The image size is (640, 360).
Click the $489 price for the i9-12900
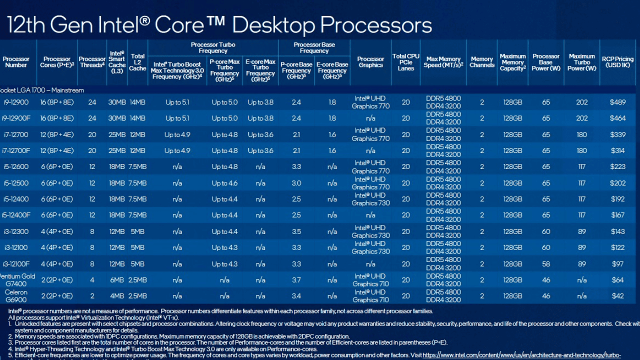click(x=617, y=102)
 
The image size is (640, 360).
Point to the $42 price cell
click(x=617, y=296)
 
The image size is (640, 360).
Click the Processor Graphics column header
click(x=370, y=62)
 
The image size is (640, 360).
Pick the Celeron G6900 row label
click(x=16, y=296)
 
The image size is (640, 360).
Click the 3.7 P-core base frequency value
click(x=296, y=280)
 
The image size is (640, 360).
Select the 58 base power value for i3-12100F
click(x=545, y=264)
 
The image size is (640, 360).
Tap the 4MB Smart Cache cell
click(x=116, y=296)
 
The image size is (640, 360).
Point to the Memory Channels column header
click(x=481, y=62)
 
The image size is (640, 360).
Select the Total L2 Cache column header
click(x=137, y=62)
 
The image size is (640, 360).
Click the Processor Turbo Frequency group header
click(x=213, y=47)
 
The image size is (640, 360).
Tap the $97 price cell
click(x=617, y=264)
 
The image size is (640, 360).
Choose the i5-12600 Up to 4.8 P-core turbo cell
click(x=224, y=166)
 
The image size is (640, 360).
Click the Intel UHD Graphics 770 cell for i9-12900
click(x=370, y=102)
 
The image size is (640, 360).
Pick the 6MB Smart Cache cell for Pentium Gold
click(x=116, y=280)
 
